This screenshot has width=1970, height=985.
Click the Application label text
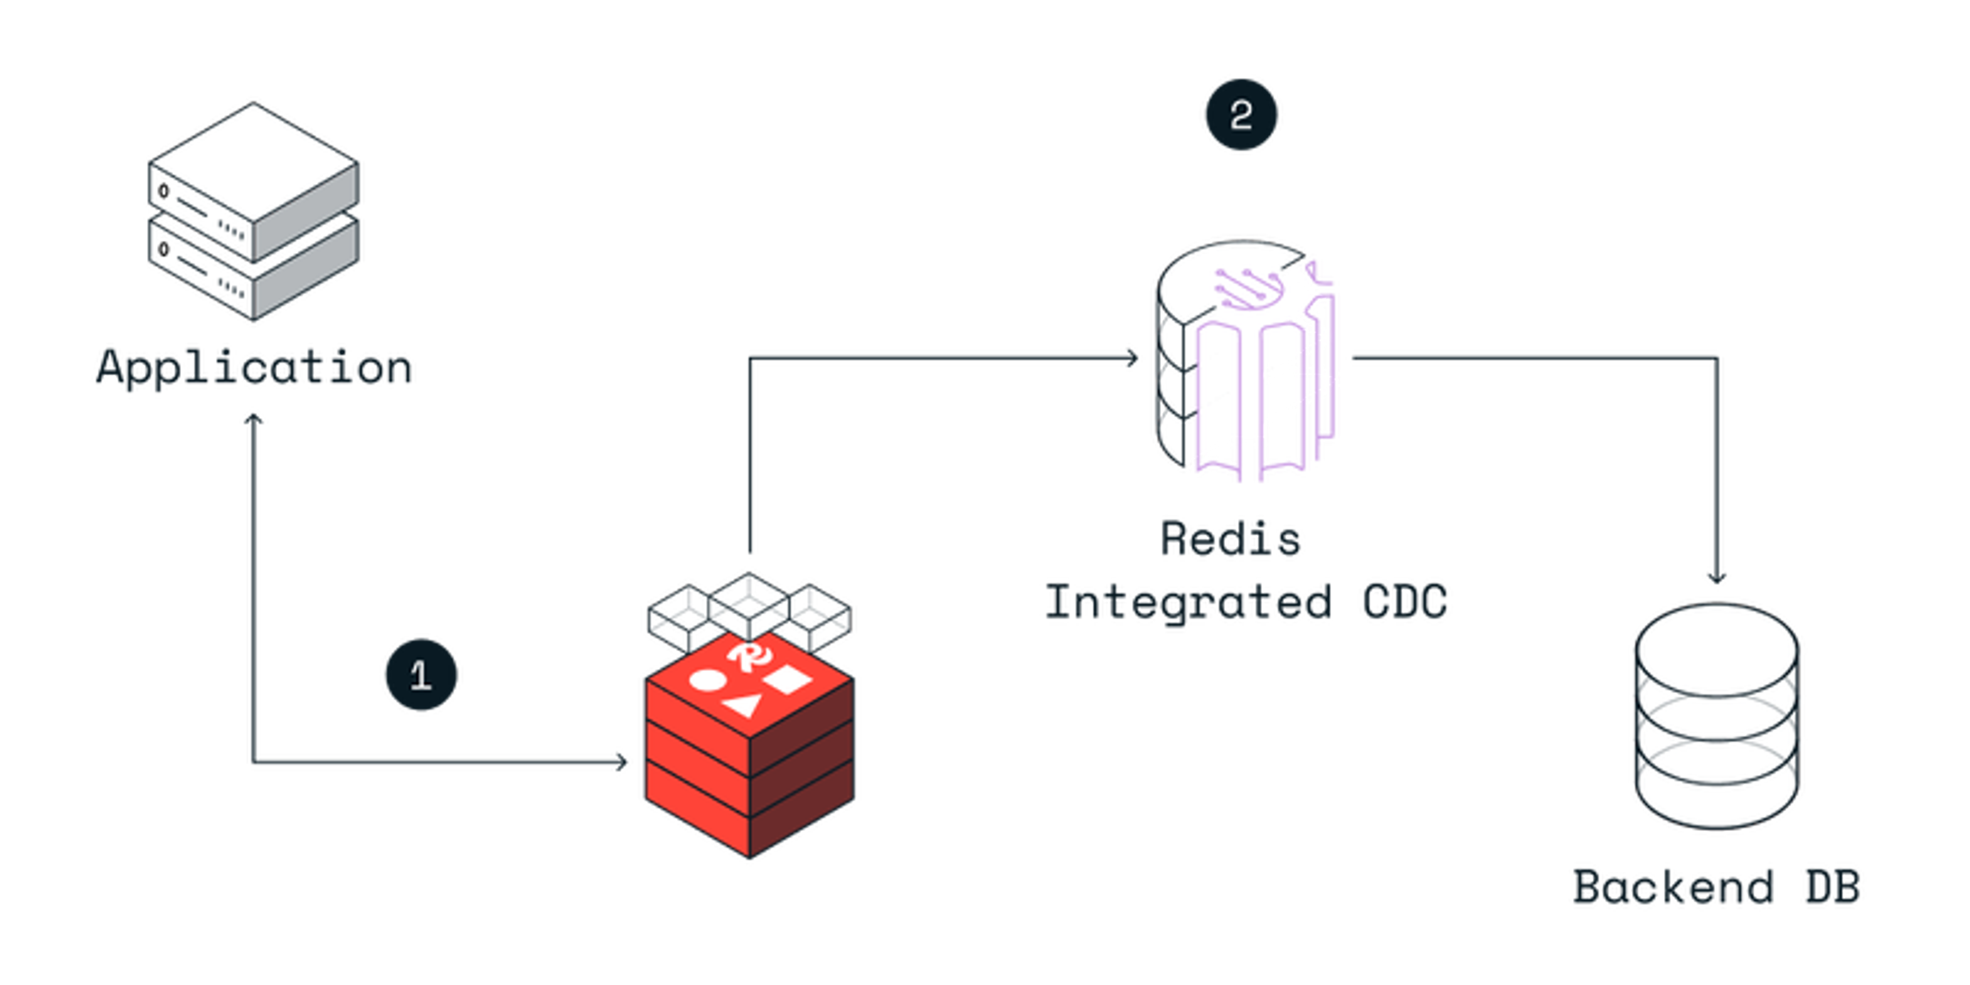pyautogui.click(x=254, y=369)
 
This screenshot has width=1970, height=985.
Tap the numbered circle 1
pyautogui.click(x=421, y=675)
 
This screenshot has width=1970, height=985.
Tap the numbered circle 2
pyautogui.click(x=1240, y=115)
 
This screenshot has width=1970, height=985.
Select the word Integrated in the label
pyautogui.click(x=1188, y=601)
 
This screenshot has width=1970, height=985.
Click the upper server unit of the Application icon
pyautogui.click(x=254, y=184)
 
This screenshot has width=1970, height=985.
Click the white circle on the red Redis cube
pyautogui.click(x=705, y=680)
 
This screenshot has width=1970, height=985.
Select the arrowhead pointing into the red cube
pyautogui.click(x=622, y=762)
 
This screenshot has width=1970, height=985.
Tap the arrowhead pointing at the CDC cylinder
pyautogui.click(x=1132, y=357)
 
